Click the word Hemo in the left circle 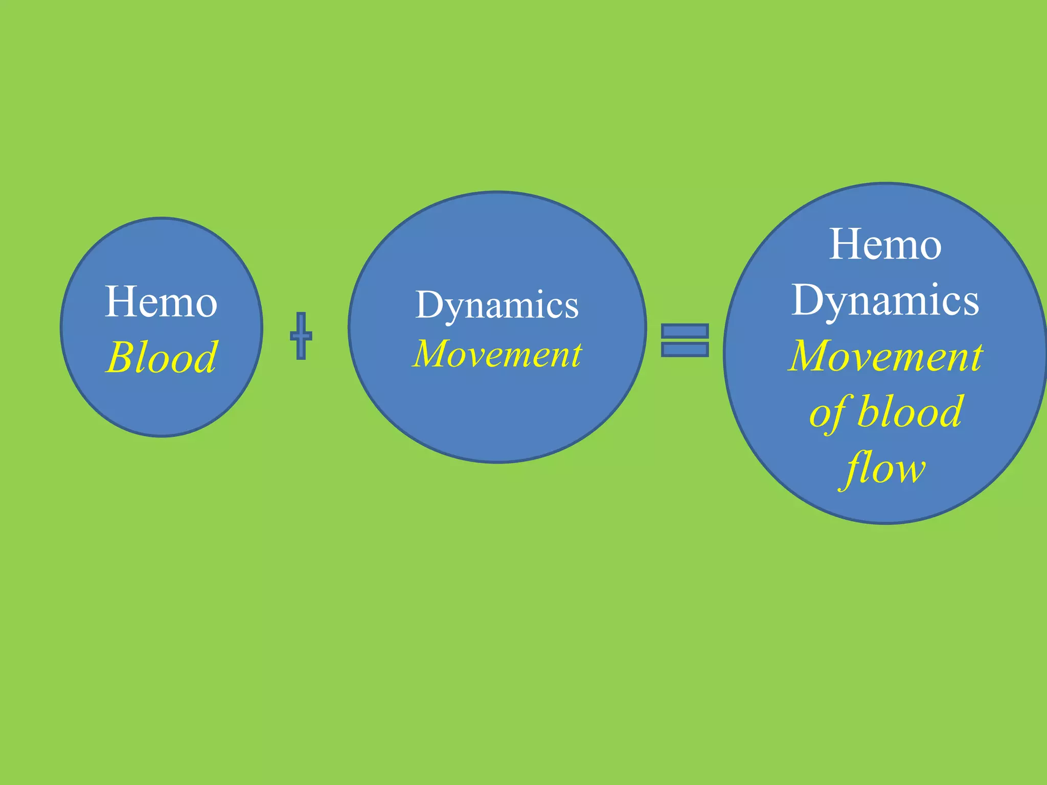point(161,302)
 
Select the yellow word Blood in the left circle point(162,357)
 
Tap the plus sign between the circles point(301,336)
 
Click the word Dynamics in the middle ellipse point(497,305)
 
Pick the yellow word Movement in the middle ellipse point(497,354)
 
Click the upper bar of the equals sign point(685,332)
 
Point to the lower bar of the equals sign point(685,350)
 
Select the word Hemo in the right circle point(885,245)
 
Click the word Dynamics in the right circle point(885,301)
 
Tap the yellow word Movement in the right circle point(885,356)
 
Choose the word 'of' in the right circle point(827,413)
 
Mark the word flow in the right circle point(885,468)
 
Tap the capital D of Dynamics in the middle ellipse point(430,305)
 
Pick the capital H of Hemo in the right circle point(846,244)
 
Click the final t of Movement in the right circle point(975,357)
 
